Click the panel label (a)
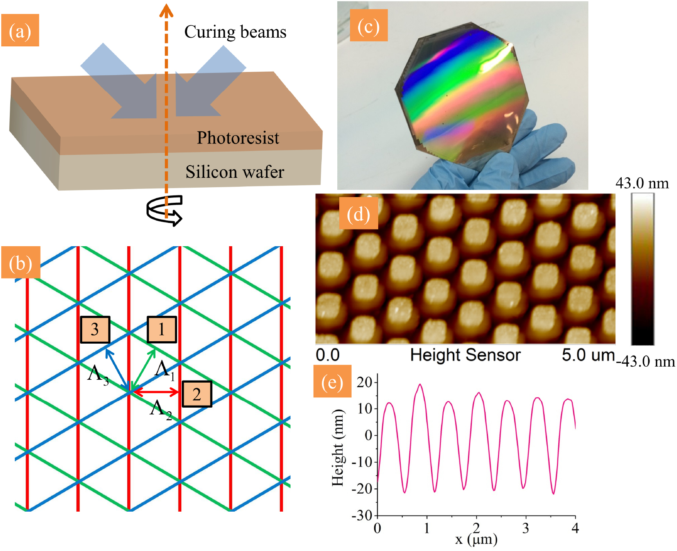(20, 30)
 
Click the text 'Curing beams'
(235, 32)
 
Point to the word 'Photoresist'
(238, 138)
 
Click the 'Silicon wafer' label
(235, 172)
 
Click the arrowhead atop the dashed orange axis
(166, 10)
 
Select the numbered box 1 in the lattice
(162, 329)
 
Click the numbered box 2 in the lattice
(197, 394)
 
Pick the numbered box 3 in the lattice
(95, 329)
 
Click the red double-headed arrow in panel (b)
(156, 392)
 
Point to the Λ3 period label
(98, 374)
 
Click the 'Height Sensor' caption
(465, 355)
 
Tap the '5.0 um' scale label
(588, 355)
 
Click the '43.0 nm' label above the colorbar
(642, 183)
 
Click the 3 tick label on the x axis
(526, 528)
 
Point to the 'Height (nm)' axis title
(338, 447)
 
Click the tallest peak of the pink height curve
(420, 384)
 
